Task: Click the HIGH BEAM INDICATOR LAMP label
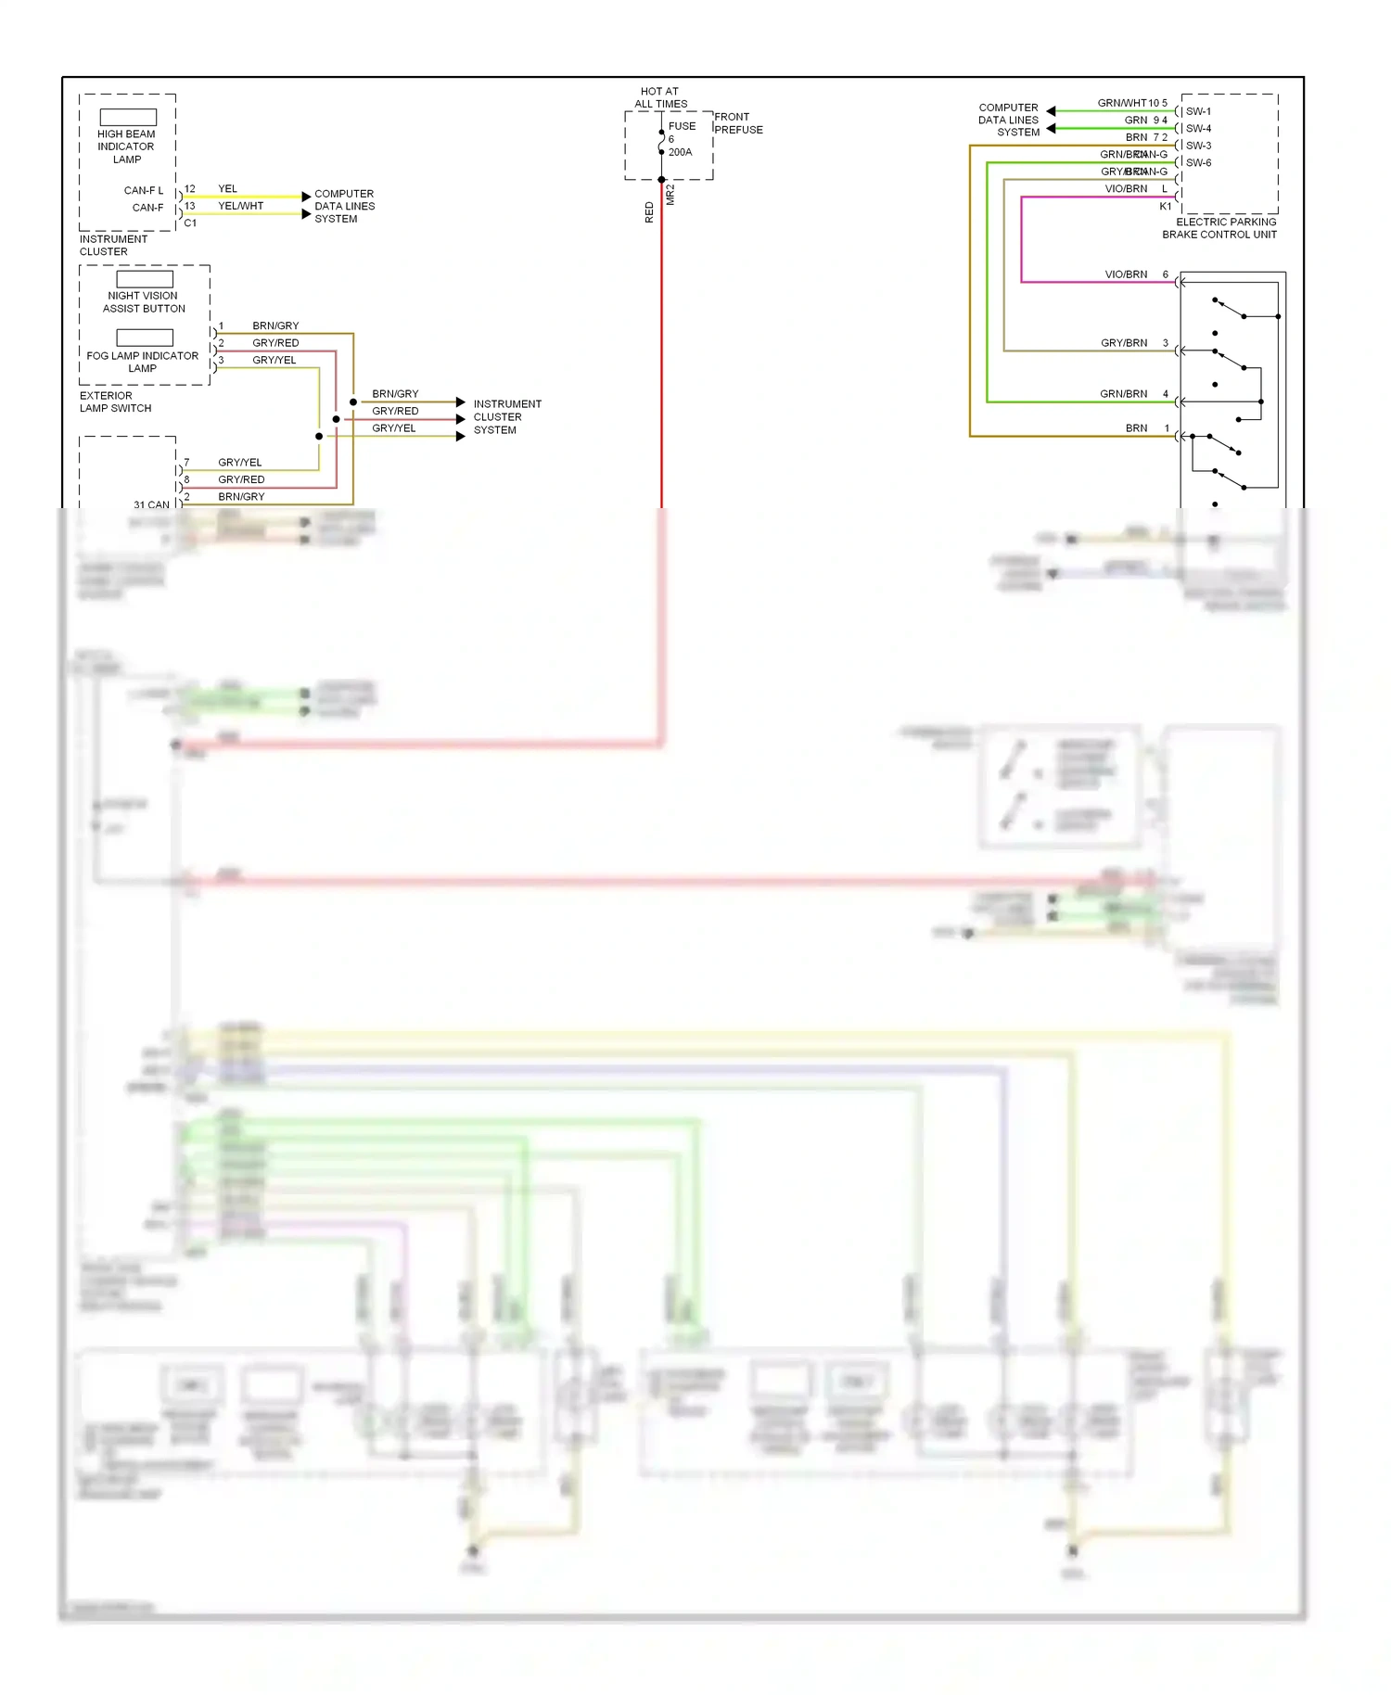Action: pyautogui.click(x=126, y=147)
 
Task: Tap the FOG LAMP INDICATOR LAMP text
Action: pyautogui.click(x=142, y=362)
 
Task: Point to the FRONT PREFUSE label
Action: pyautogui.click(x=738, y=123)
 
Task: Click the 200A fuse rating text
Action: pyautogui.click(x=680, y=152)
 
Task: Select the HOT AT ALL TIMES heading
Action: pyautogui.click(x=660, y=97)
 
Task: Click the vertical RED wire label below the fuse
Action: pyautogui.click(x=649, y=212)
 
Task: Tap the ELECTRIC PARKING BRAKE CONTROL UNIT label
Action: pyautogui.click(x=1219, y=228)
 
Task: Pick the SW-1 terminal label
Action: pyautogui.click(x=1198, y=111)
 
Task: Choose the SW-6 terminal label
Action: pyautogui.click(x=1198, y=163)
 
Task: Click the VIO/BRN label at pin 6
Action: pyautogui.click(x=1126, y=274)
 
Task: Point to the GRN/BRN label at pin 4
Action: pyautogui.click(x=1123, y=394)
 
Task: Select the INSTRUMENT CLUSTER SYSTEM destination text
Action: pyautogui.click(x=506, y=417)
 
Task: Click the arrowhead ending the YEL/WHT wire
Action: pyautogui.click(x=306, y=214)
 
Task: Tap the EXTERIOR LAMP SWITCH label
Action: pyautogui.click(x=115, y=401)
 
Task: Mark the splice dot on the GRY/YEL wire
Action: pyautogui.click(x=319, y=436)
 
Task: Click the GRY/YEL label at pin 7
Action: pyautogui.click(x=239, y=462)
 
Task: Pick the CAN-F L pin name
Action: pyautogui.click(x=143, y=190)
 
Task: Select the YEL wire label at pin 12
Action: pyautogui.click(x=227, y=188)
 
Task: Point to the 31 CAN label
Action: pyautogui.click(x=151, y=504)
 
